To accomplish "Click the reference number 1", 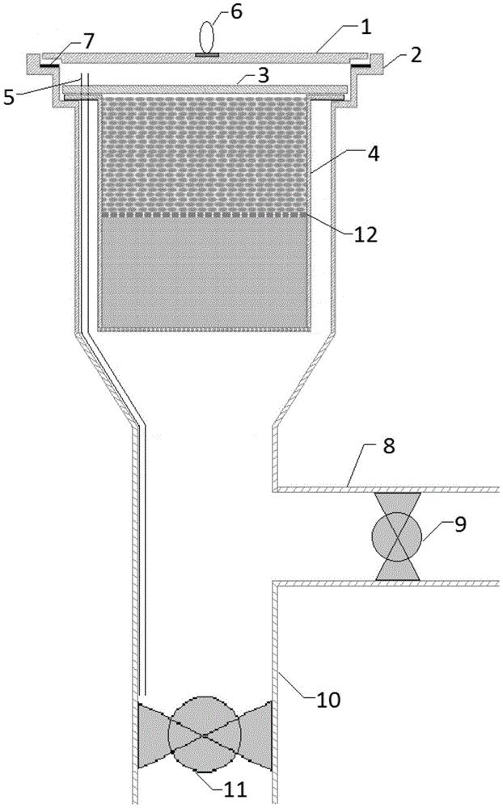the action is coord(366,27).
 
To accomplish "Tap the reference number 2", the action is coord(416,55).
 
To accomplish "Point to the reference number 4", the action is coord(372,153).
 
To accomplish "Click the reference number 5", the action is coord(9,98).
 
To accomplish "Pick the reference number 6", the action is coord(236,12).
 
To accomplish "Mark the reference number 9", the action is coord(460,524).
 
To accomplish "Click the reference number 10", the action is coord(328,700).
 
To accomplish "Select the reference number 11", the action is coord(235,789).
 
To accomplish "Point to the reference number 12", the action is coord(366,234).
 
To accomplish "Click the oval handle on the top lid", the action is coord(207,36).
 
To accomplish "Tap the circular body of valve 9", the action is coord(397,537).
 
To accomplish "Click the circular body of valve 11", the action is coord(205,734).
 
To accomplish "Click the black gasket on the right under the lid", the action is coord(360,66).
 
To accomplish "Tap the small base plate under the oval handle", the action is coord(207,53).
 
